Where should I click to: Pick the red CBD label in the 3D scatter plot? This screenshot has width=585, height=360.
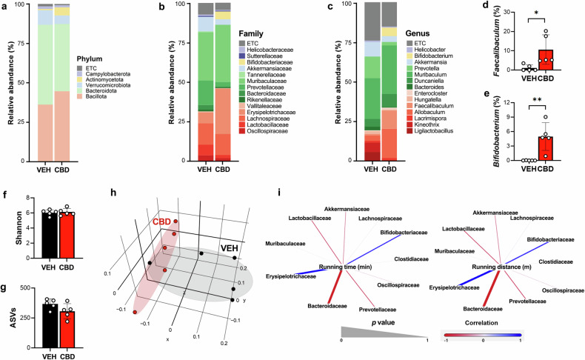pyautogui.click(x=162, y=221)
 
